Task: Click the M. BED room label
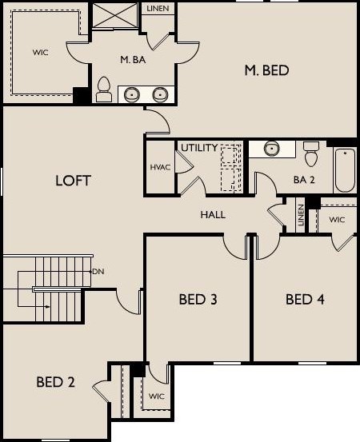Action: tap(266, 71)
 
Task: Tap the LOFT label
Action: tap(73, 180)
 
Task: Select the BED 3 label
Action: tap(198, 300)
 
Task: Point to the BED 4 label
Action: tap(305, 300)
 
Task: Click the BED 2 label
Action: tap(55, 382)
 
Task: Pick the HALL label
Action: tap(213, 214)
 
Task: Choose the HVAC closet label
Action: tap(158, 167)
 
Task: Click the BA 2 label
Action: tap(304, 180)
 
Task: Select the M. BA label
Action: tap(131, 59)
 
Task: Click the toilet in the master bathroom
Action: tap(103, 89)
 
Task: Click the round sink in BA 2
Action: tap(272, 149)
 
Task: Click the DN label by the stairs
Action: tap(98, 272)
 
